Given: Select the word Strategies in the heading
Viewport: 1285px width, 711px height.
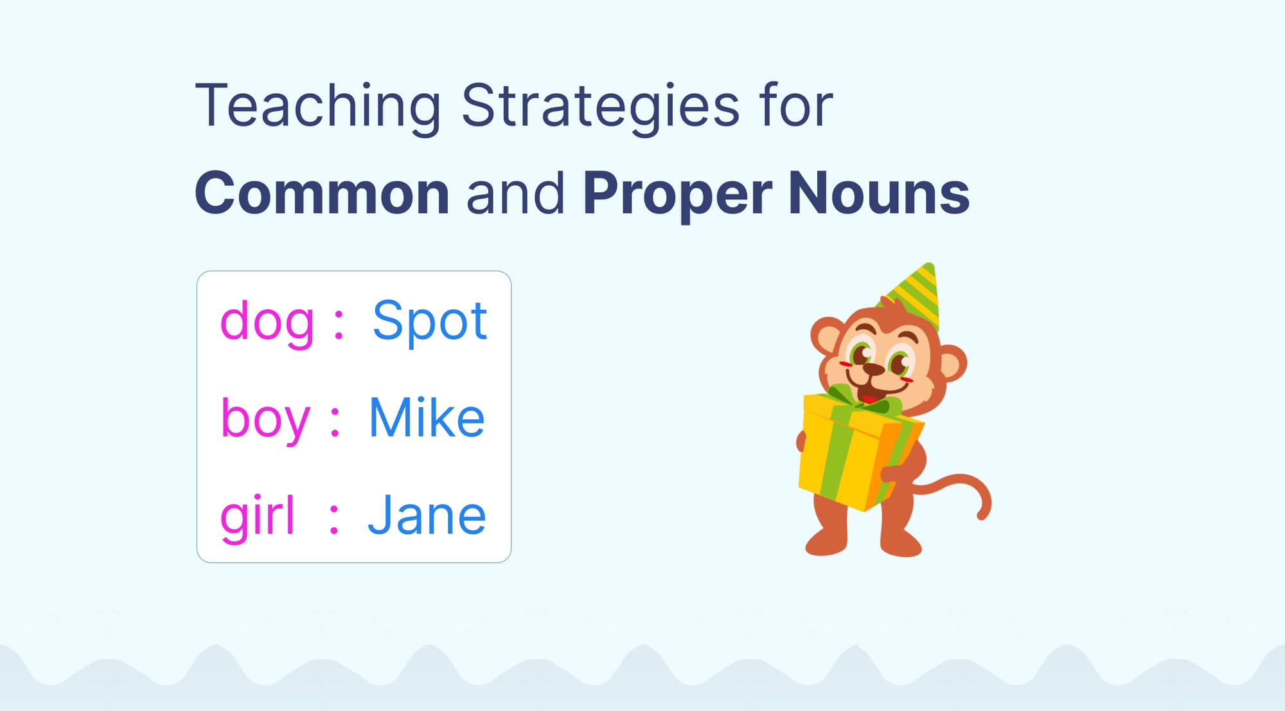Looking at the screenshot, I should [601, 106].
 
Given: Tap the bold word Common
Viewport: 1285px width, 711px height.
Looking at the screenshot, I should [322, 194].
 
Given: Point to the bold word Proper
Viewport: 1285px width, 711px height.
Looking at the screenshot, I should [678, 194].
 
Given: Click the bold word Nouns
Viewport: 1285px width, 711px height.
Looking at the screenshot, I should [878, 194].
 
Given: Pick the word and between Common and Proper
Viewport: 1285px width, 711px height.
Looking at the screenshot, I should [515, 194].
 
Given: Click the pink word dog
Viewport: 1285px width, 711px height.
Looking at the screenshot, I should [267, 321].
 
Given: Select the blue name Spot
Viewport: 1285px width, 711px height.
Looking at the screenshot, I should [430, 321].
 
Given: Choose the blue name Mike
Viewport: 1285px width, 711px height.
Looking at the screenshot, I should [427, 418].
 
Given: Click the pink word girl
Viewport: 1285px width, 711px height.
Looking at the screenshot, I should [257, 516].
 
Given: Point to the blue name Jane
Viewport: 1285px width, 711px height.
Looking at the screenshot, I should [427, 516].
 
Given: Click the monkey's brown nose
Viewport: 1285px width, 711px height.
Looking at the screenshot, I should [873, 370].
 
